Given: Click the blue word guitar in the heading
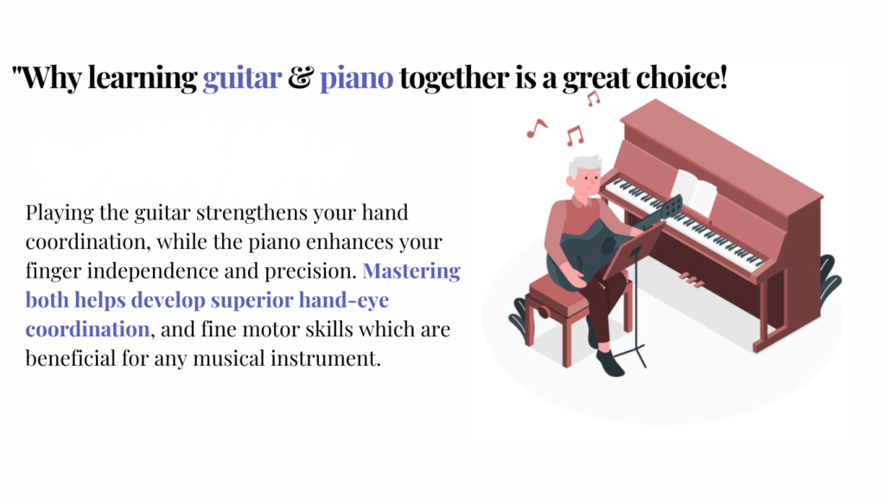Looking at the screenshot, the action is [242, 79].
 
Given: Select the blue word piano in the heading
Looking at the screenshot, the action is [356, 79].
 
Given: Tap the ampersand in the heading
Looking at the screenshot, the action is [301, 77].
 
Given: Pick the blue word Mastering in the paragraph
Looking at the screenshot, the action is [411, 271].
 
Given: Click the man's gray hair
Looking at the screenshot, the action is [582, 166].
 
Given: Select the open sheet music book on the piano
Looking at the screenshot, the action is [694, 191].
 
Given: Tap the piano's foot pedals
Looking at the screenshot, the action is [691, 279].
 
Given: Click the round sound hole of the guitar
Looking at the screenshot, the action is [608, 246].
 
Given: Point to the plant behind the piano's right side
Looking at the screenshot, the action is [830, 279].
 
